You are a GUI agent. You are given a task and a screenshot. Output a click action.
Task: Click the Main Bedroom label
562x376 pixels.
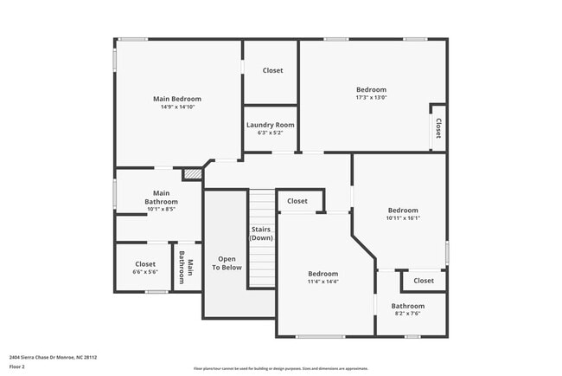pyautogui.click(x=177, y=99)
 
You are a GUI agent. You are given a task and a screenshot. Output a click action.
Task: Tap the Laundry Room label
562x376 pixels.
pyautogui.click(x=271, y=125)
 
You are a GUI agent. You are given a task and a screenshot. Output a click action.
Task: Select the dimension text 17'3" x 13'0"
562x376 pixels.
pyautogui.click(x=371, y=98)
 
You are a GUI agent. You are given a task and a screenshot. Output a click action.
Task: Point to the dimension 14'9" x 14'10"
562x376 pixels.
pyautogui.click(x=177, y=107)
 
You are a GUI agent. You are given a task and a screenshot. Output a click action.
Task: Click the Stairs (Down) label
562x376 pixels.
pyautogui.click(x=262, y=233)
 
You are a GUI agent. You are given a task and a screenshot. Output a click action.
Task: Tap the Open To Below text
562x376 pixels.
pyautogui.click(x=227, y=263)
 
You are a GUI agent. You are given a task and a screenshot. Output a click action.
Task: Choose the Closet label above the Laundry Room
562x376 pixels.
pyautogui.click(x=272, y=70)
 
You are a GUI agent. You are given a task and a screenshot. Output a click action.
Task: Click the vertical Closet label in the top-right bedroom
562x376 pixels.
pyautogui.click(x=438, y=128)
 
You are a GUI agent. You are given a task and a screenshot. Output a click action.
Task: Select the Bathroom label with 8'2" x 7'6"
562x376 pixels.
pyautogui.click(x=407, y=306)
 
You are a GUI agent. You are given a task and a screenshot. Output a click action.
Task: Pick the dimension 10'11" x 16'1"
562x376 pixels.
pyautogui.click(x=403, y=218)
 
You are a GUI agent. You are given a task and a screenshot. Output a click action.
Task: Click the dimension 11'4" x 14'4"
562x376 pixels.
pyautogui.click(x=323, y=282)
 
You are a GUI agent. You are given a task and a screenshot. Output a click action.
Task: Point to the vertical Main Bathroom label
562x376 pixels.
pyautogui.click(x=186, y=268)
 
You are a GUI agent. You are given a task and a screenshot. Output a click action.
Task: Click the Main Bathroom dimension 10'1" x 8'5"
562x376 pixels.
pyautogui.click(x=161, y=209)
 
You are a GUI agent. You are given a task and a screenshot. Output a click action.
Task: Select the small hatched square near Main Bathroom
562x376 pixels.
pyautogui.click(x=192, y=174)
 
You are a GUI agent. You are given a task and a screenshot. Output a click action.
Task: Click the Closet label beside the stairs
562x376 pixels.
pyautogui.click(x=297, y=201)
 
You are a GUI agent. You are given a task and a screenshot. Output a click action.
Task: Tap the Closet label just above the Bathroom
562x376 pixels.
pyautogui.click(x=424, y=281)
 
